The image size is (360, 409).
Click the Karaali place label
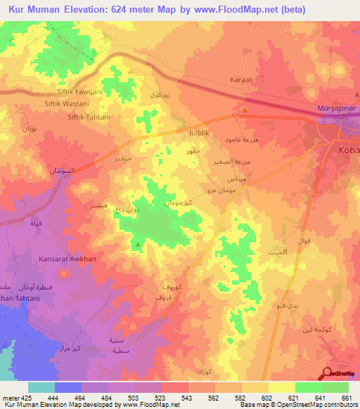coord(241,81)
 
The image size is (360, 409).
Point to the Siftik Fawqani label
coord(74,92)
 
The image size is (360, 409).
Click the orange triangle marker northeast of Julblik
coord(245,110)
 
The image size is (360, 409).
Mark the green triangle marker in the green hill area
coord(138,245)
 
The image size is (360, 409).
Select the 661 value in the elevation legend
coord(347,397)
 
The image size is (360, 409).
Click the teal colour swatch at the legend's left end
coord(41,387)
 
